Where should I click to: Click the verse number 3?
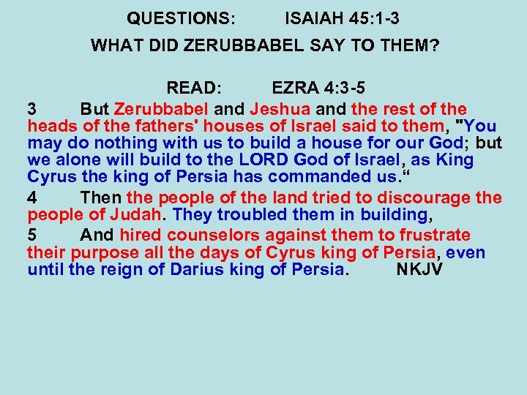click(x=31, y=108)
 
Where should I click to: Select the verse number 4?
click(x=31, y=197)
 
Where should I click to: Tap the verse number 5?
click(x=31, y=235)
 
